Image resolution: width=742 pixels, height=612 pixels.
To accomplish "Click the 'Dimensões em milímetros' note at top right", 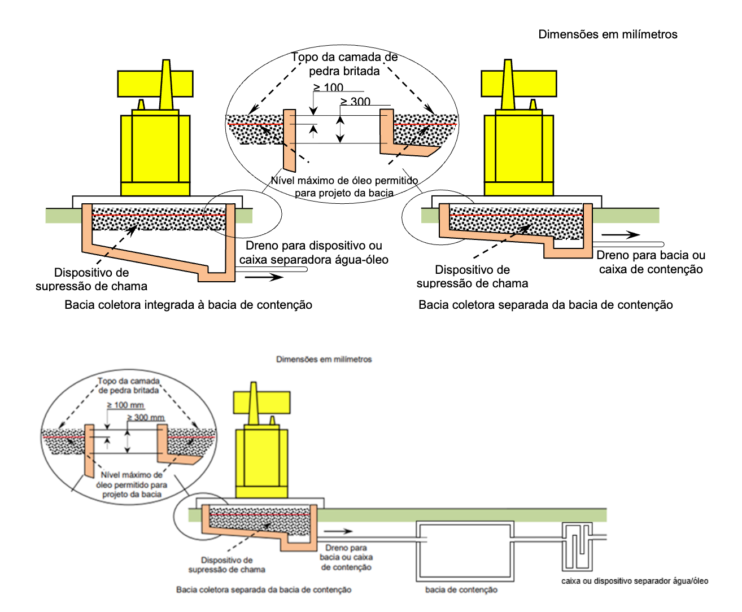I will (608, 34).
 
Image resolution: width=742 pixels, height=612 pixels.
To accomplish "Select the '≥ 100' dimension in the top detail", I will (329, 88).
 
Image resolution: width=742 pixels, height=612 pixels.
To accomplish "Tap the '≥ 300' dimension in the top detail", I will (356, 102).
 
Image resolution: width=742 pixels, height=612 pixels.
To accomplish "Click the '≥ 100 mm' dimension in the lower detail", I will (125, 405).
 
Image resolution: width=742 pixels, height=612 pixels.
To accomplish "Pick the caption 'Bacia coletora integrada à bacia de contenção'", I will (188, 305).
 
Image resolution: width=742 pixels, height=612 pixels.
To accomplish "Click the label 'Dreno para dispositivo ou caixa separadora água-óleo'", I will (314, 252).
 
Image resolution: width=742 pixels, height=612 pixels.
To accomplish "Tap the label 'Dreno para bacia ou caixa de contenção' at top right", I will (651, 262).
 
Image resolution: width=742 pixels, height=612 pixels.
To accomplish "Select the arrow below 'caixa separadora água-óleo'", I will (264, 277).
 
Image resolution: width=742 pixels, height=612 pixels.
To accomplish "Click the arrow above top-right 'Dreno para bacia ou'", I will (620, 235).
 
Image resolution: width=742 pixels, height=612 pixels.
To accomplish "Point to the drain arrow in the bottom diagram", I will (338, 531).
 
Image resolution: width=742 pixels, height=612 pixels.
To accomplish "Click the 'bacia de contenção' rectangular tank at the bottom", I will (465, 551).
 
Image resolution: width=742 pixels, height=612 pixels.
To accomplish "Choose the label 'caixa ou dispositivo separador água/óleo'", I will (635, 581).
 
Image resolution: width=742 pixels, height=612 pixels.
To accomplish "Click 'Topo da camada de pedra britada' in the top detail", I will (344, 64).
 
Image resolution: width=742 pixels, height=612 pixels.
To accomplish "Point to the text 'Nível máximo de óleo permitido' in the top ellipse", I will (344, 181).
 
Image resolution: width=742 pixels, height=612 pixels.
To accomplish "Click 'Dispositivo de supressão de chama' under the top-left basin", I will (91, 279).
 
